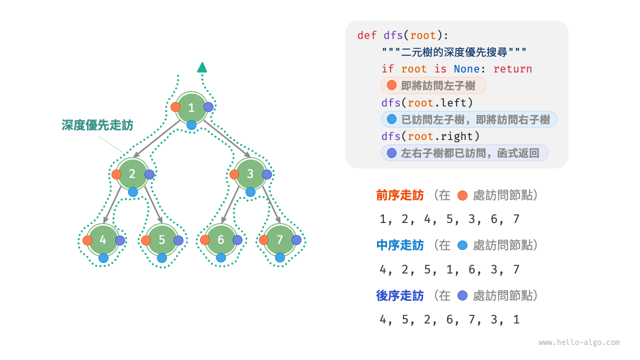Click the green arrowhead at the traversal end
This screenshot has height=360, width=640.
click(202, 67)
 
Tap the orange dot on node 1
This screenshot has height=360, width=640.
click(175, 107)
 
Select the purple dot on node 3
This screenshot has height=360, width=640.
click(267, 174)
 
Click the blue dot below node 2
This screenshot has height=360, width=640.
click(133, 192)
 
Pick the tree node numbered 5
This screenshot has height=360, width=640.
click(161, 240)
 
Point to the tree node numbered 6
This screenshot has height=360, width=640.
click(221, 240)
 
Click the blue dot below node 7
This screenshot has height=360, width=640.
click(280, 257)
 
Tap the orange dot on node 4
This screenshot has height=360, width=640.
click(87, 240)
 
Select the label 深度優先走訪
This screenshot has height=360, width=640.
click(97, 125)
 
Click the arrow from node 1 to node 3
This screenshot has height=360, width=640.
click(227, 138)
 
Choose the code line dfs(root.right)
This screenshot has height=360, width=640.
click(430, 136)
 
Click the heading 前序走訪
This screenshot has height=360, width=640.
click(400, 195)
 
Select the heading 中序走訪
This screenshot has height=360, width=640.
click(400, 245)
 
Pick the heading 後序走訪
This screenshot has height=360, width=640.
click(400, 296)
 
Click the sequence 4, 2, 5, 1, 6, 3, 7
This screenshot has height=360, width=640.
click(449, 270)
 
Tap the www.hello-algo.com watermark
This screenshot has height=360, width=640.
click(579, 342)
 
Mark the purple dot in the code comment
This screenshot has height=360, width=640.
click(391, 153)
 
